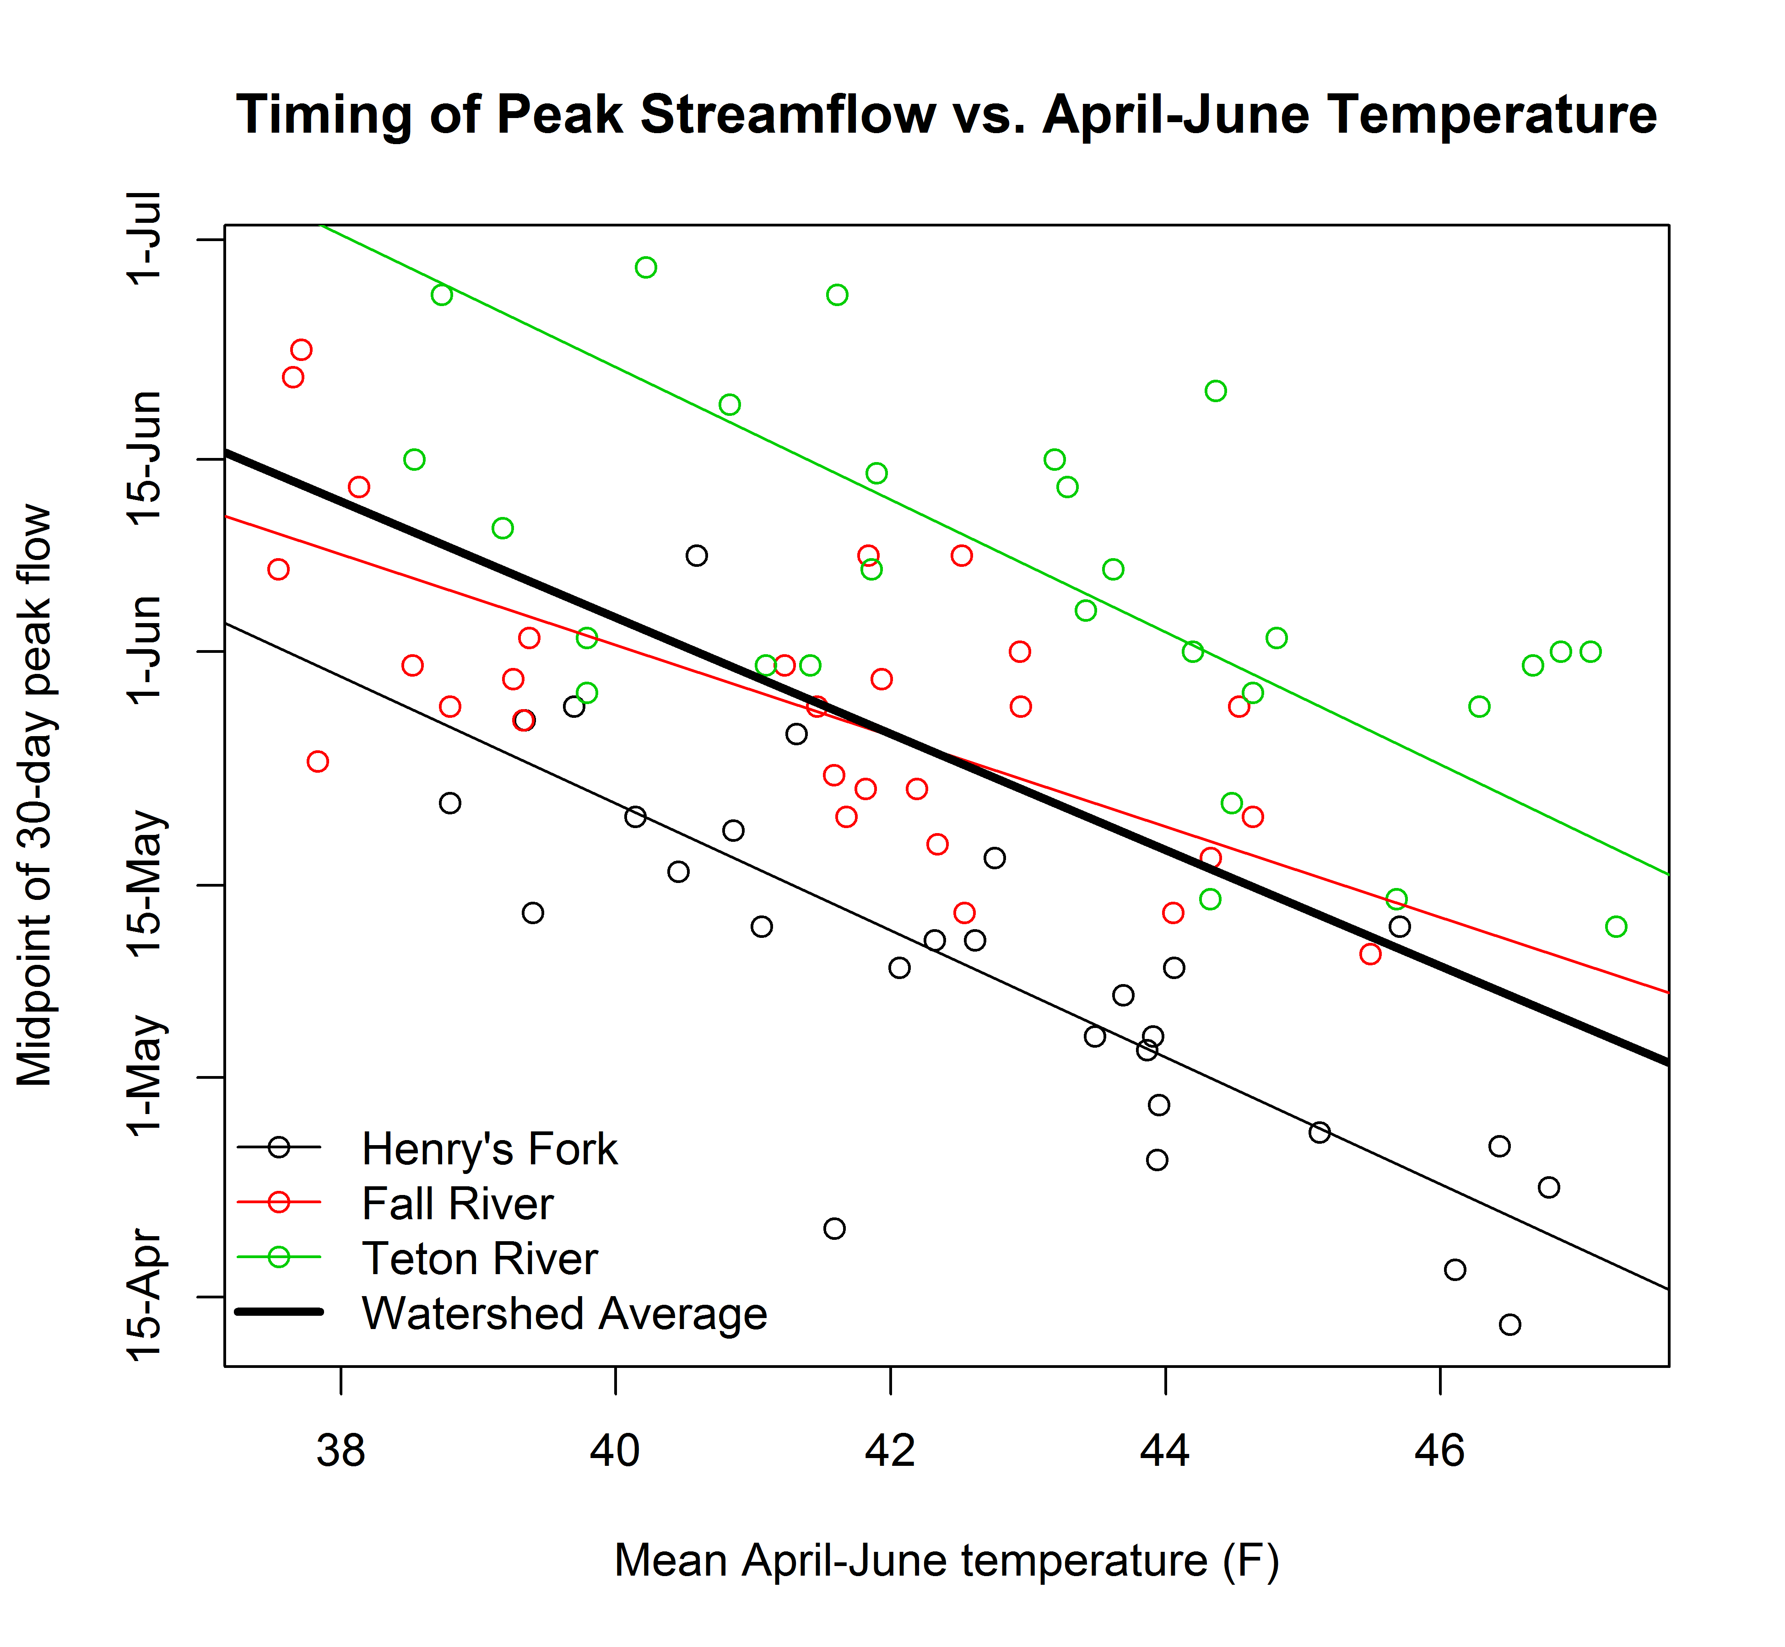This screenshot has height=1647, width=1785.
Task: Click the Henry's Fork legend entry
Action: click(489, 1149)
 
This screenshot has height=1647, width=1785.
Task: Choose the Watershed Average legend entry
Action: click(563, 1313)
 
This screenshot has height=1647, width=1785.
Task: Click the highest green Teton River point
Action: click(646, 267)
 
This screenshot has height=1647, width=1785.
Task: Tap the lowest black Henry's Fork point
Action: click(1509, 1324)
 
